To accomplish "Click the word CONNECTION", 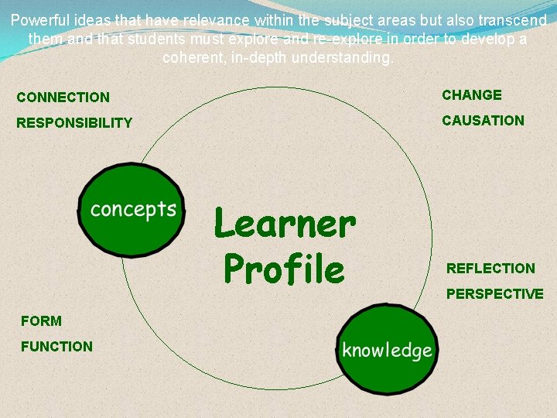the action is tap(63, 98).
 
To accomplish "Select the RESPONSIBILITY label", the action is tap(74, 123).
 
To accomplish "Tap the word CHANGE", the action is tap(472, 95).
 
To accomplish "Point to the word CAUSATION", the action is tap(483, 121).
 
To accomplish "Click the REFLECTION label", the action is tap(490, 269).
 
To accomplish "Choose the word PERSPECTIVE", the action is tap(494, 294).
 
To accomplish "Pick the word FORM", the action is tap(41, 320).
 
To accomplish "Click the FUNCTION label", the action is tap(56, 347).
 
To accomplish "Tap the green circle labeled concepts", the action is tap(132, 210).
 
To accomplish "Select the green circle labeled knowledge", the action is tap(387, 350).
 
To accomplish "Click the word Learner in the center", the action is tap(284, 225).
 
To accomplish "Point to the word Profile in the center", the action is tap(283, 270).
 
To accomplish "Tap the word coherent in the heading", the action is tap(191, 58).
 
